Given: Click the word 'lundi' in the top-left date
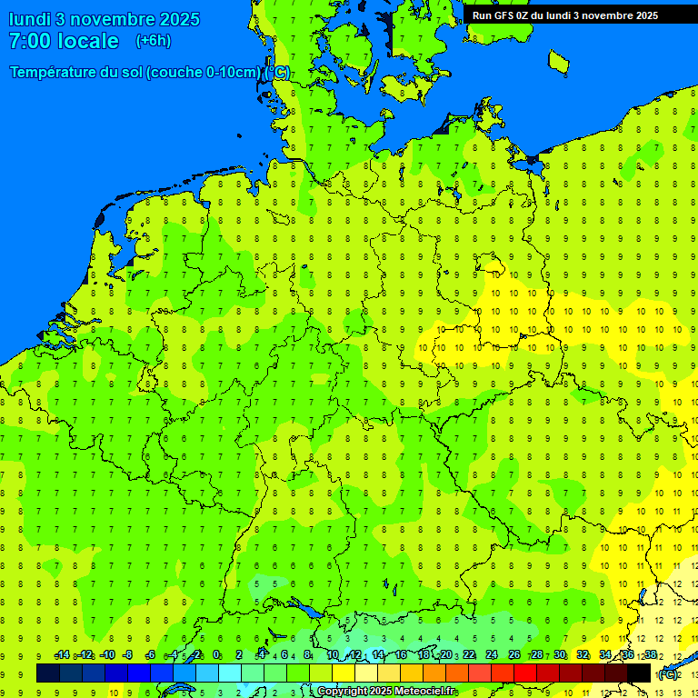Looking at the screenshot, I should pos(29,19).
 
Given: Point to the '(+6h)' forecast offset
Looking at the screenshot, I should pos(153,41).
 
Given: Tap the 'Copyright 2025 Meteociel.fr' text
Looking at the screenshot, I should pos(386,692).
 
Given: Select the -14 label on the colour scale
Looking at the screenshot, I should pos(62,655).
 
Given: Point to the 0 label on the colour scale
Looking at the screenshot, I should pos(216,655).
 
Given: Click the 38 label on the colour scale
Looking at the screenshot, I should pos(651,655).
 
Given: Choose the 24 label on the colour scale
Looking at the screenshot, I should pos(492,655).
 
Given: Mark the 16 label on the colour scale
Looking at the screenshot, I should pos(401,655).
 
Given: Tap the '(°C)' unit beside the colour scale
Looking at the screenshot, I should pos(668,673).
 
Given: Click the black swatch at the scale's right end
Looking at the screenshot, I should pos(639,673).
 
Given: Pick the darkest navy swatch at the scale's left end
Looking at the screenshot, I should pos(48,673).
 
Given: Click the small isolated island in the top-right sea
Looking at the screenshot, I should pos(558,61).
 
